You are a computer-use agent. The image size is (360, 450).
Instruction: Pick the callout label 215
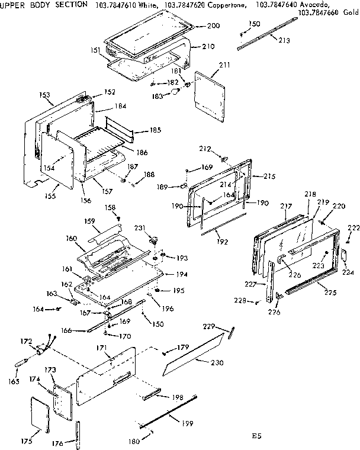(270, 176)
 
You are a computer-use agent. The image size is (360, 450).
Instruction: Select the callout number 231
(140, 227)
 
